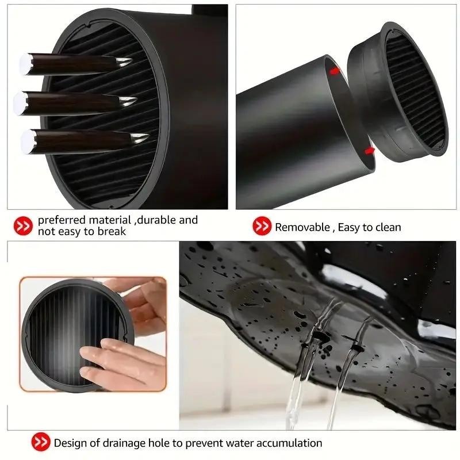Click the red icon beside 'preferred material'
pos(23,226)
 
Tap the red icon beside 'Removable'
pos(262,227)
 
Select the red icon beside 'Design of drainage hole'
pos(40,443)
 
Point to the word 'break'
pos(111,232)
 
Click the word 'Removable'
pos(301,227)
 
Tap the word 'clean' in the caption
pos(386,227)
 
